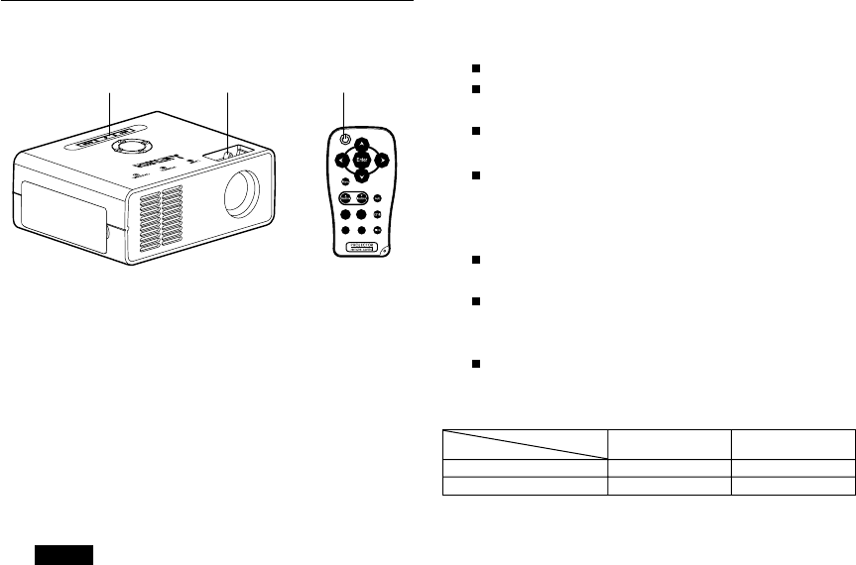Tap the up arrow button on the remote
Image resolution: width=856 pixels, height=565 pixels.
coord(362,142)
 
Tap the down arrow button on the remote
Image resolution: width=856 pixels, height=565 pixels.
coord(362,175)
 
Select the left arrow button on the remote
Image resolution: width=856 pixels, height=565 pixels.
coord(341,159)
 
